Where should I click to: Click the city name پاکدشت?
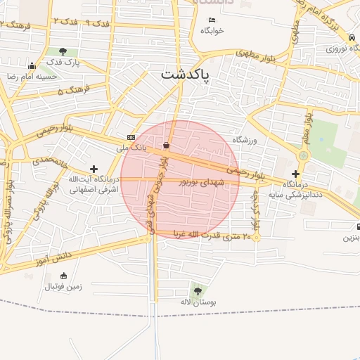tap(185, 74)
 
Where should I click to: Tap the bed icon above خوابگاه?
tap(212, 20)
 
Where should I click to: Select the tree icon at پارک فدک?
tap(64, 51)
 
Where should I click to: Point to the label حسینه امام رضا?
tap(31, 75)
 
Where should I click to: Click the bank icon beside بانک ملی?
tap(131, 136)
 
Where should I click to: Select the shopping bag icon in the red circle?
tap(166, 146)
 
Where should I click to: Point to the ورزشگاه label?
tap(245, 140)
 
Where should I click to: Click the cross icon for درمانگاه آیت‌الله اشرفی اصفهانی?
tap(94, 169)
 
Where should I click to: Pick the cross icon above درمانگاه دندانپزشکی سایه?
tap(295, 173)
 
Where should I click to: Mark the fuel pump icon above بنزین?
tap(359, 227)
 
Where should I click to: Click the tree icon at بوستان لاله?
tap(196, 290)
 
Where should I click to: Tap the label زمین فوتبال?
tap(63, 286)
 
